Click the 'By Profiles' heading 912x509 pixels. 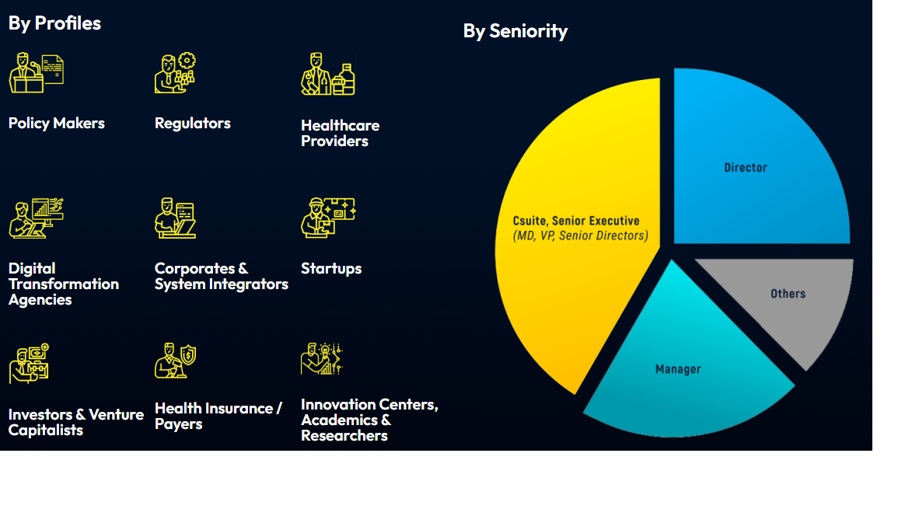click(x=54, y=23)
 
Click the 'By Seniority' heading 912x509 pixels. click(x=515, y=31)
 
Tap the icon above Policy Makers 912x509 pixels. click(x=36, y=72)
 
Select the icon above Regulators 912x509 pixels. click(x=175, y=73)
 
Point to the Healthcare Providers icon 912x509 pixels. click(x=328, y=74)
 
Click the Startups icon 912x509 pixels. click(x=328, y=218)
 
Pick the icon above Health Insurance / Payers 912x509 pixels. click(x=175, y=361)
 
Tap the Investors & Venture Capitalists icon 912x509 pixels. click(x=29, y=364)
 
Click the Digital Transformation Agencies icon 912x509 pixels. click(x=36, y=218)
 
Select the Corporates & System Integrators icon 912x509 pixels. click(x=175, y=218)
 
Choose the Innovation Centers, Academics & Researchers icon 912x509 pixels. click(x=322, y=358)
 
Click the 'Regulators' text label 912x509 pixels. click(x=193, y=124)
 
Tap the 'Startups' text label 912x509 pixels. click(x=331, y=268)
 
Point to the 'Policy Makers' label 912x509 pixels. click(x=57, y=124)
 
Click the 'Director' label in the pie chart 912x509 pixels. click(x=746, y=168)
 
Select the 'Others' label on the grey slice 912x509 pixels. click(x=788, y=294)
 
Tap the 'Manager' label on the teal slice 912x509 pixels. click(x=678, y=370)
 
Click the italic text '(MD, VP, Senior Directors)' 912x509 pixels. click(x=581, y=236)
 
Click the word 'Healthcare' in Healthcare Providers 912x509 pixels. click(x=341, y=126)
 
